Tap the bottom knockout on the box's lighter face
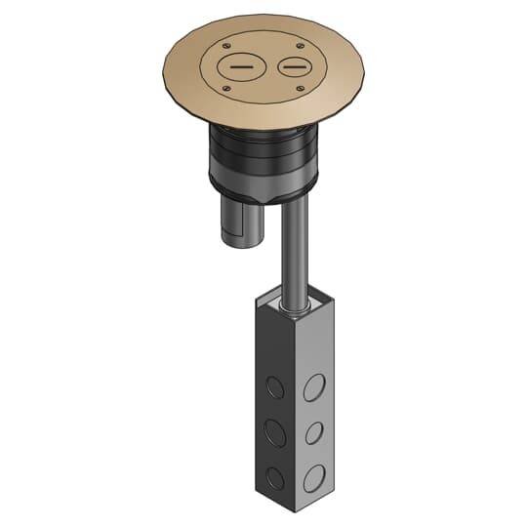coord(313,477)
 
